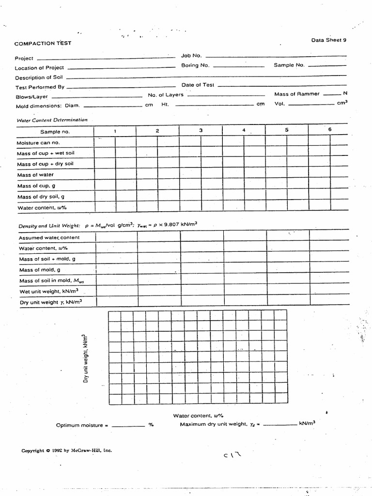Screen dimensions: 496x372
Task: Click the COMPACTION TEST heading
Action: click(43, 43)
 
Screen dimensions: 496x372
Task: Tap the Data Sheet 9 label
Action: click(328, 40)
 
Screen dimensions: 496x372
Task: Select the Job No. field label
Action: click(191, 56)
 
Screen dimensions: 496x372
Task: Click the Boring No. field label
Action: click(195, 65)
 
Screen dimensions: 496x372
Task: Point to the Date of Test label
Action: click(198, 85)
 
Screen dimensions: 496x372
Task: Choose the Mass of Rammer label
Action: click(297, 94)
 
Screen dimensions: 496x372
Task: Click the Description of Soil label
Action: click(40, 77)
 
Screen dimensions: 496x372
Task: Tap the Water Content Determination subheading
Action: click(52, 120)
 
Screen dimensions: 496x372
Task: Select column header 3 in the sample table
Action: click(201, 131)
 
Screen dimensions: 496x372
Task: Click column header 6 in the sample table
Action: click(330, 129)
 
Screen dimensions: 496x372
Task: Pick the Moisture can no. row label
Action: click(38, 143)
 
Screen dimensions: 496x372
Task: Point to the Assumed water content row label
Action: click(49, 238)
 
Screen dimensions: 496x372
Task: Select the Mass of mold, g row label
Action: click(40, 270)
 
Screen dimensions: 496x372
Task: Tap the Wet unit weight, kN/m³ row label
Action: click(49, 291)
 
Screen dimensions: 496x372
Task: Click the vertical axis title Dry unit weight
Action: click(86, 358)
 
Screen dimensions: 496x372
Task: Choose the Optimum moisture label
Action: click(79, 425)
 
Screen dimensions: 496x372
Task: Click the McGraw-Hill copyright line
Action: click(66, 450)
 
